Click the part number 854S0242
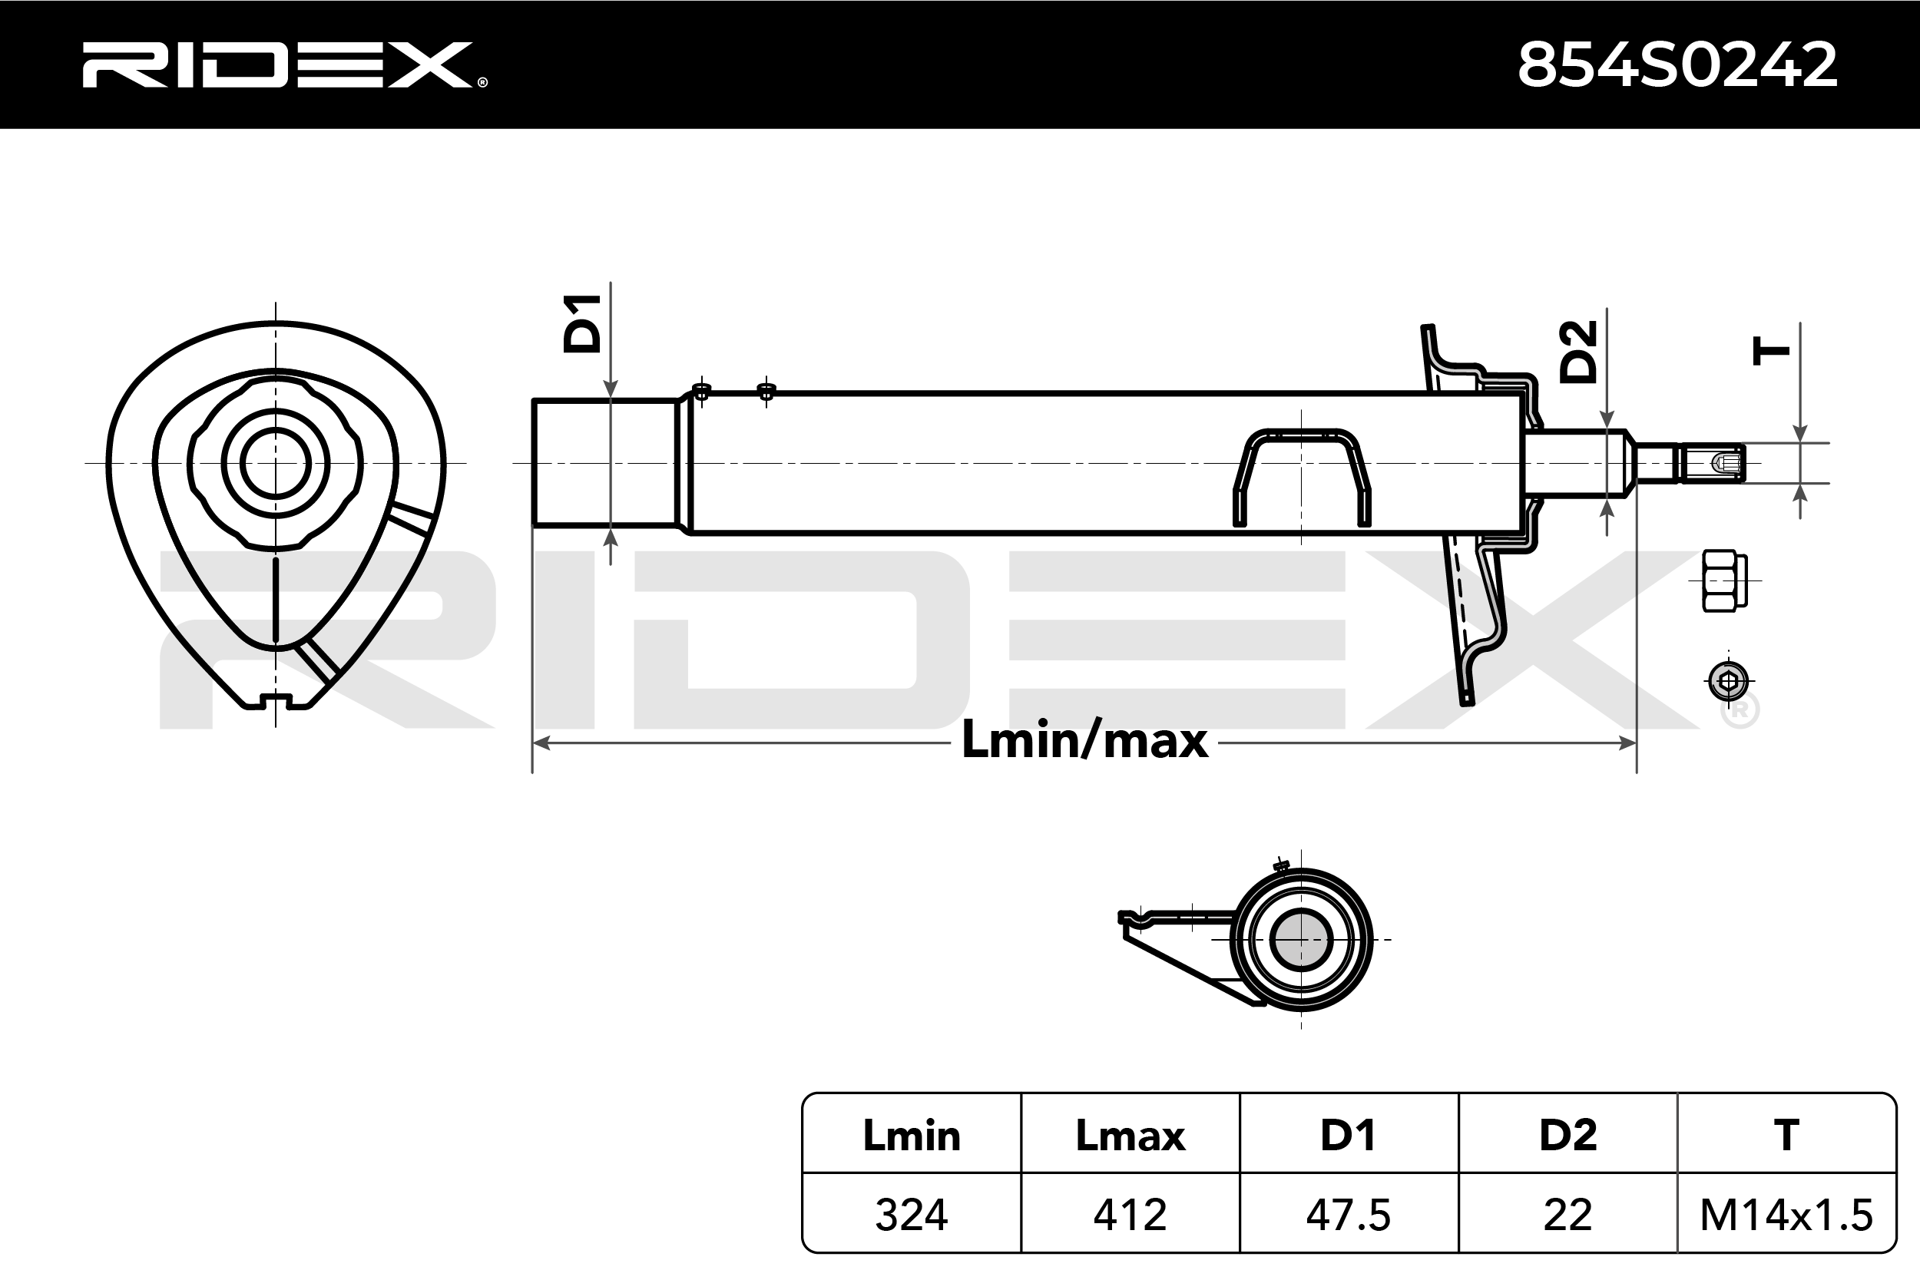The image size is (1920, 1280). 1677,65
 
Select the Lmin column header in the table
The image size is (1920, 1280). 912,1136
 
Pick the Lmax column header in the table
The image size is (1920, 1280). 1130,1136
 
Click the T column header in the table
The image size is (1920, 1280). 1786,1136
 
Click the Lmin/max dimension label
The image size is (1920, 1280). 1085,740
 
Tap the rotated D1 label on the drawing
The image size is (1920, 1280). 583,323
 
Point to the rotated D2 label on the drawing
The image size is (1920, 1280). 1578,352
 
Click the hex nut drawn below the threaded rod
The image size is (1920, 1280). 1725,581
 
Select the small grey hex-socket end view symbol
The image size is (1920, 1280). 1728,681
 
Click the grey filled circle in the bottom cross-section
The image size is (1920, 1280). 1301,940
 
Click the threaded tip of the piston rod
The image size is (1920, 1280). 1712,464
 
